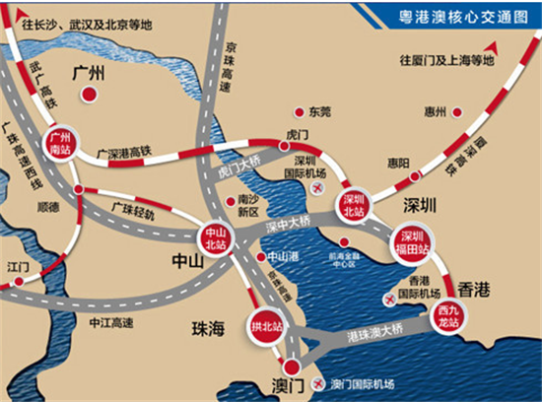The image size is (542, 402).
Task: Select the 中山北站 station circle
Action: click(216, 237)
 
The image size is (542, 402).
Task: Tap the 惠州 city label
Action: click(434, 111)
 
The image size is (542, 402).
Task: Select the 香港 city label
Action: click(474, 291)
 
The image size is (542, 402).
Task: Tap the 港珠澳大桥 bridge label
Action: click(376, 341)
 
